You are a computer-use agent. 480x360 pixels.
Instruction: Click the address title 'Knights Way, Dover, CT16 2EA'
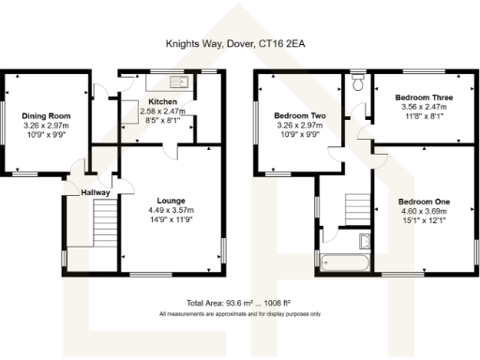point(239,42)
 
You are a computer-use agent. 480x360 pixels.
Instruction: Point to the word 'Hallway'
point(95,192)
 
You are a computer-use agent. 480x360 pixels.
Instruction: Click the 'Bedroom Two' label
point(302,115)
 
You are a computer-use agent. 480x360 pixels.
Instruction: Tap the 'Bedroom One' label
point(424,202)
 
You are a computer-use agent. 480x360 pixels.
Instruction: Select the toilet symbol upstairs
point(355,84)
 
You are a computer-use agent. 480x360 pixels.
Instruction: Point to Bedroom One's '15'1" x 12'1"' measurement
point(424,223)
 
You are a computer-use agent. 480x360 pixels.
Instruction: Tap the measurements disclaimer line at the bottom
point(239,313)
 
